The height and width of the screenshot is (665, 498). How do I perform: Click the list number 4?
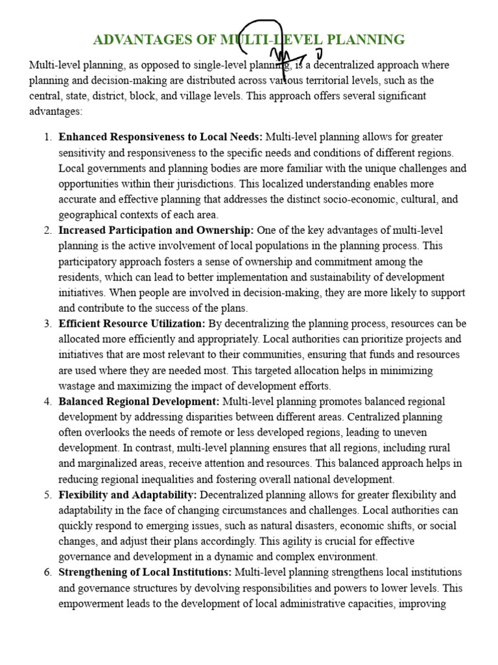click(47, 401)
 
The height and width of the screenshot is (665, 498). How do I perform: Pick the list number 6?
click(47, 572)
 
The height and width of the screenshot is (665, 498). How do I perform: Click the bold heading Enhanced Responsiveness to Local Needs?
click(160, 137)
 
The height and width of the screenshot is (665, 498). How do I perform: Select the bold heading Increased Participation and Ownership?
click(157, 231)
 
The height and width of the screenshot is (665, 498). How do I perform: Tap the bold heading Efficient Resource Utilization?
click(132, 323)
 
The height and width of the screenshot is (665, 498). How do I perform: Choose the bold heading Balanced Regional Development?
click(139, 401)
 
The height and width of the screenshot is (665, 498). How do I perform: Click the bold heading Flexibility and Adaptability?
click(128, 495)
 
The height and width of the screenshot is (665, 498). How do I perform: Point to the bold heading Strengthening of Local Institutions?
click(145, 572)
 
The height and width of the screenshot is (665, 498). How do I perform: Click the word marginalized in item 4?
click(109, 464)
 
